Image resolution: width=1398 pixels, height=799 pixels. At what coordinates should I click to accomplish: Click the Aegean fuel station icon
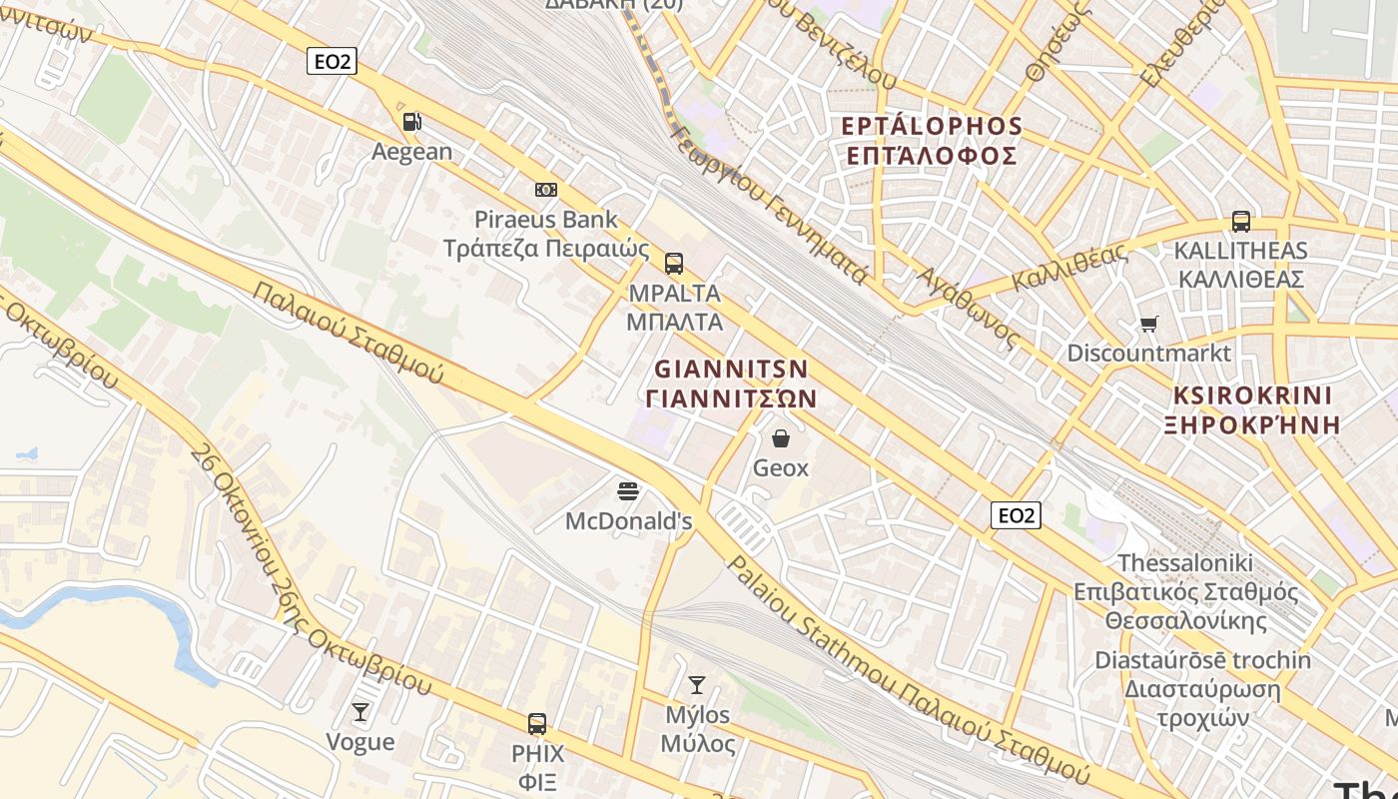(x=411, y=123)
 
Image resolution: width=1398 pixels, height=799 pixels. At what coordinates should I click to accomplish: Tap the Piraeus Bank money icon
(x=546, y=190)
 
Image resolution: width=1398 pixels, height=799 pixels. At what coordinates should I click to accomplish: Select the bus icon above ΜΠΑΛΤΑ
(x=674, y=264)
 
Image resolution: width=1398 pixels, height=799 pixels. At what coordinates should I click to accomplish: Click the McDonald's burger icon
(x=628, y=490)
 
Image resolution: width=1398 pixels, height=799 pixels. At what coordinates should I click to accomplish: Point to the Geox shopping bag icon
(x=781, y=438)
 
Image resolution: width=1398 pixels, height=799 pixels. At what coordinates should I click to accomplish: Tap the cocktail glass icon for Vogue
(x=360, y=712)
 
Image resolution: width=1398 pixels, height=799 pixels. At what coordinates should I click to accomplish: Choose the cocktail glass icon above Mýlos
(x=697, y=685)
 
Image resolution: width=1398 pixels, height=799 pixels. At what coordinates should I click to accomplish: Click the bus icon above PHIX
(x=537, y=724)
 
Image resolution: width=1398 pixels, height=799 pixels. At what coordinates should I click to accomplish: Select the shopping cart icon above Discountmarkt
(x=1149, y=324)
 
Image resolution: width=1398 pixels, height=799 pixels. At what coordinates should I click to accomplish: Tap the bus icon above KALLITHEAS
(x=1241, y=222)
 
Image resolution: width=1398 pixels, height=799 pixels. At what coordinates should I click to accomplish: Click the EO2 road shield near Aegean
(x=332, y=62)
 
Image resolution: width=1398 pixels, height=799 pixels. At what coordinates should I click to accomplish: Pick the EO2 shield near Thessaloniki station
(x=1016, y=515)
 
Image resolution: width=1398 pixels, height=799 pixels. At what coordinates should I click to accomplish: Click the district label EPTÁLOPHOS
(x=932, y=127)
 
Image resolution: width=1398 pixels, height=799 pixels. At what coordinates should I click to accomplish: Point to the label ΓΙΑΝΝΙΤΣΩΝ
(x=732, y=399)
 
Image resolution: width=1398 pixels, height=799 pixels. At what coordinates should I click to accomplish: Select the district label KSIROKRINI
(x=1252, y=395)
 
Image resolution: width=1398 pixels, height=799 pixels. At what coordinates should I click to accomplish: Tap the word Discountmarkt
(x=1148, y=354)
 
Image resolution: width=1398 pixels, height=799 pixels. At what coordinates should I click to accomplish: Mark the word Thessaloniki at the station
(x=1184, y=563)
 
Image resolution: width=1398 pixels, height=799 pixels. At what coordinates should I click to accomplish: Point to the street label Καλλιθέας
(x=1069, y=265)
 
